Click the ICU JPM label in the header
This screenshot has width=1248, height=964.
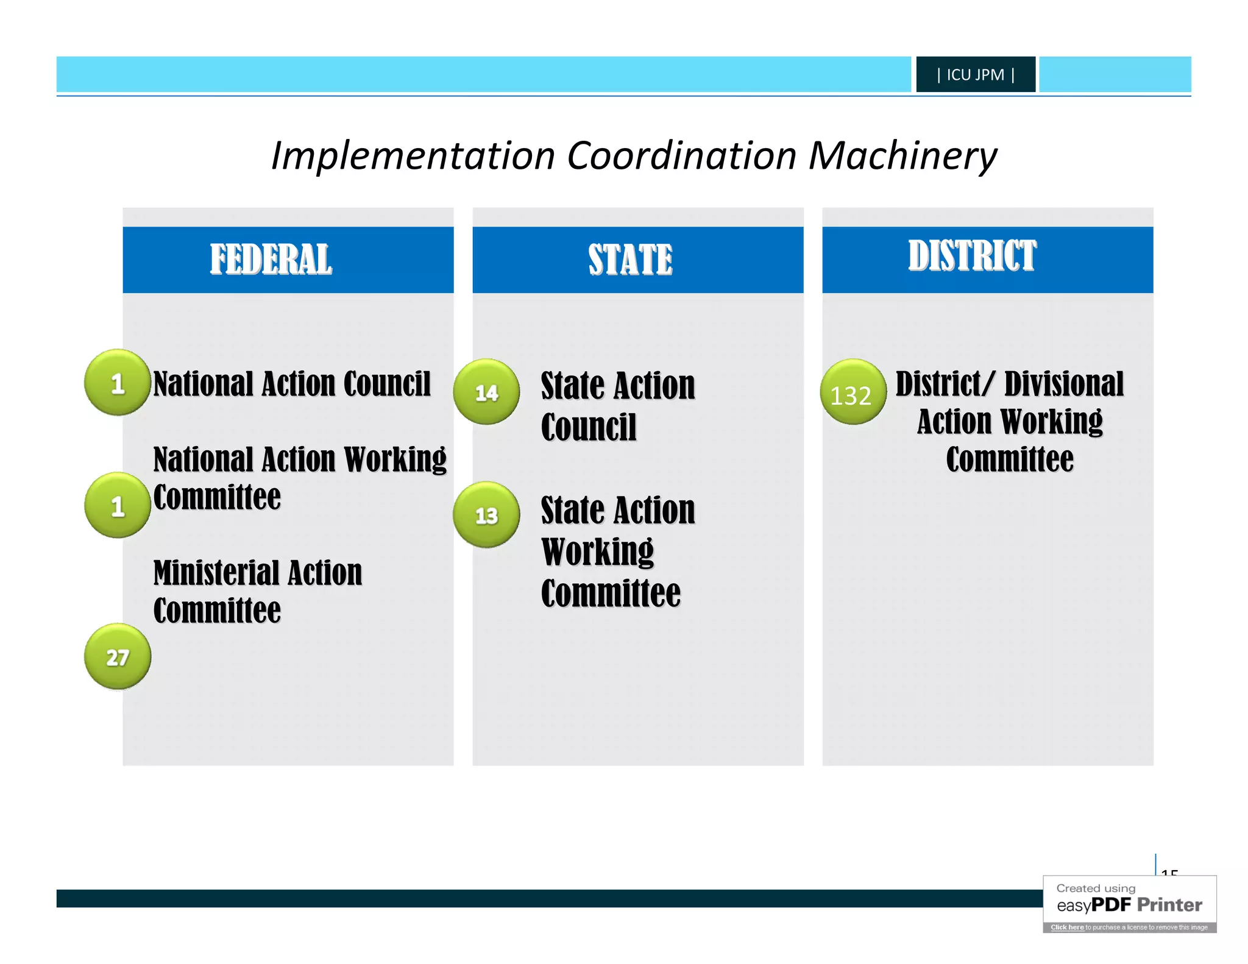975,74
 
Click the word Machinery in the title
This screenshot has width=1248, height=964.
902,156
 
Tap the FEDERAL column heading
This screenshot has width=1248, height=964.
271,260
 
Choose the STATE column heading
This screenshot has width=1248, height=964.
630,260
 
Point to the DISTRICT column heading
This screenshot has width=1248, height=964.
972,255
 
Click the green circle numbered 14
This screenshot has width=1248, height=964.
486,392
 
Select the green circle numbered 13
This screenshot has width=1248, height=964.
486,515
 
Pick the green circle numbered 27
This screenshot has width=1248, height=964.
118,656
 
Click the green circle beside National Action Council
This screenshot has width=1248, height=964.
118,383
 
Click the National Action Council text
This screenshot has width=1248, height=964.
292,384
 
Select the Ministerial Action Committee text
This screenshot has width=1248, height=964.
258,591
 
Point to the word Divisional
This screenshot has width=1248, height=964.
1064,384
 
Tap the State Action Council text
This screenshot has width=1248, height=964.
617,406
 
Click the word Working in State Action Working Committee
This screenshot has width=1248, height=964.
597,552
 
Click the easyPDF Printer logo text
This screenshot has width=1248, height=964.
1129,905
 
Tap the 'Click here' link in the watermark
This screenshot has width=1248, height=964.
1067,927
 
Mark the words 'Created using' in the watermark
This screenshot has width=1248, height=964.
1096,888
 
